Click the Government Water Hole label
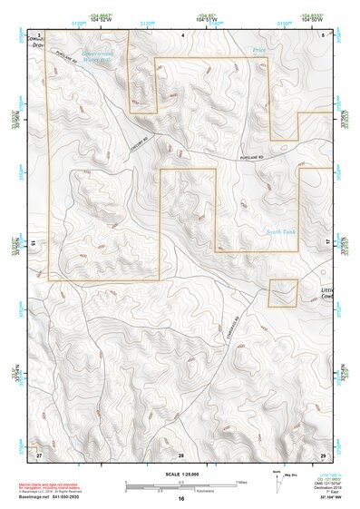point(97,56)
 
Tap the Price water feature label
point(260,53)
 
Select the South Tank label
point(280,232)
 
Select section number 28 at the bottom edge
point(181,454)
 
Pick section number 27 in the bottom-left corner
point(39,454)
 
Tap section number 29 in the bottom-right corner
point(323,454)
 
